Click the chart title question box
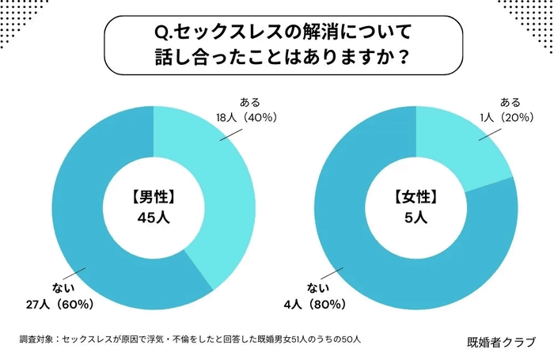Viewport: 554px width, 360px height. click(277, 46)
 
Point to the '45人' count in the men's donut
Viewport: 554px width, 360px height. click(153, 218)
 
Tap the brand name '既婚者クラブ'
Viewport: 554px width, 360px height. click(501, 342)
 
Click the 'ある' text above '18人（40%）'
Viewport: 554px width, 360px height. click(250, 102)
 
